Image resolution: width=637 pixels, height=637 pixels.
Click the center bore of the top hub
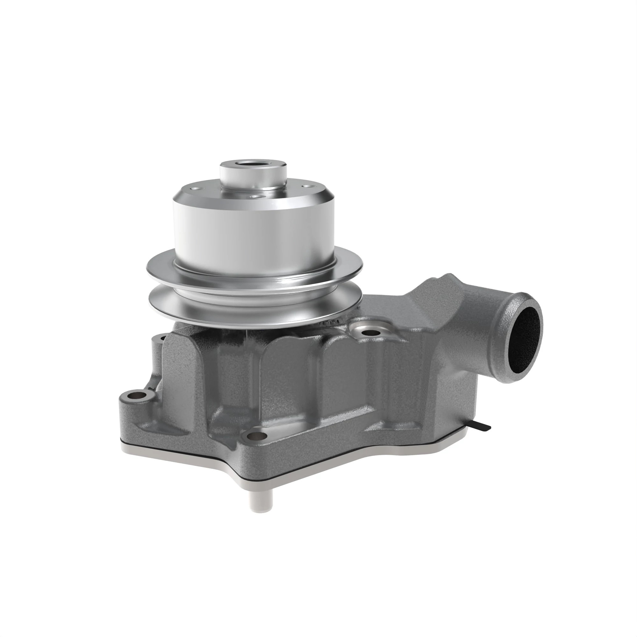coord(253,163)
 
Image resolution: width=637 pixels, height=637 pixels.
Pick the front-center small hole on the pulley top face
coord(254,197)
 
